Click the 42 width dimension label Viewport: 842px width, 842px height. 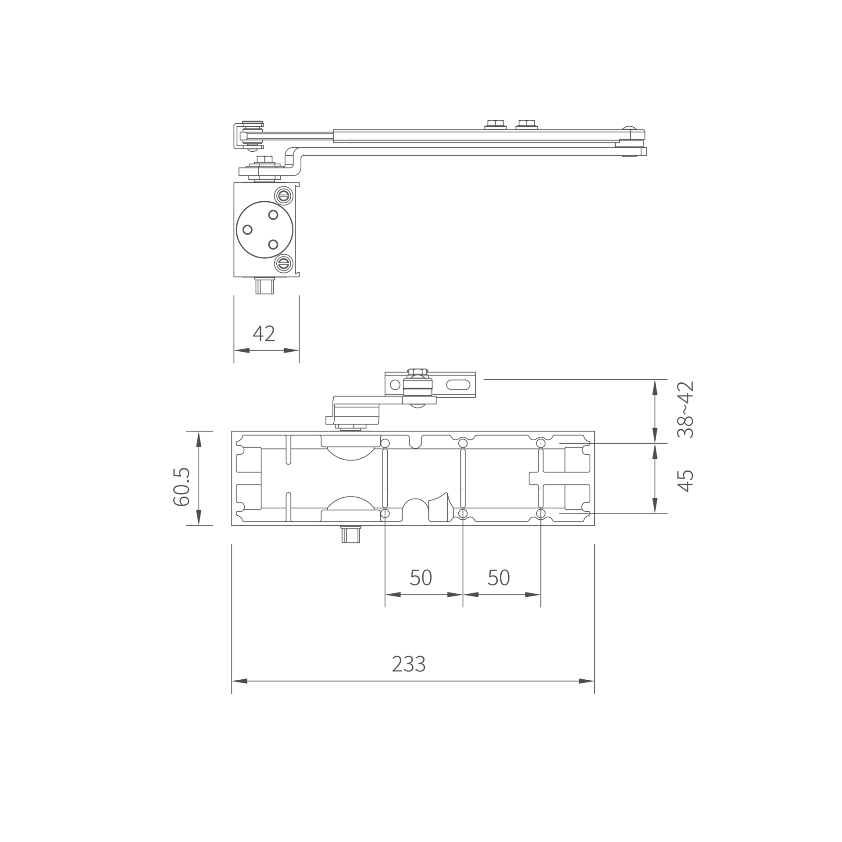point(264,333)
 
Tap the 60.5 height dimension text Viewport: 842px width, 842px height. point(181,487)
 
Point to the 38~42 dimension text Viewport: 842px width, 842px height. point(685,410)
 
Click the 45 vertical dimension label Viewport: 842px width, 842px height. point(685,481)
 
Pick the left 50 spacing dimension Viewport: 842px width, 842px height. point(421,578)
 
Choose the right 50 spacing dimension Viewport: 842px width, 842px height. point(499,578)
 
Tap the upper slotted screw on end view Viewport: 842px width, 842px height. point(284,196)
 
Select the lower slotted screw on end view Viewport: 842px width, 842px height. point(284,264)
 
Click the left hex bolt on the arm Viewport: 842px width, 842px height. point(496,124)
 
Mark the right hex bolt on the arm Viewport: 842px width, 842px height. point(527,124)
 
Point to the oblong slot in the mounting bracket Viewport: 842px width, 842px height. point(458,385)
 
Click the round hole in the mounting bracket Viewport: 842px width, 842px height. point(395,385)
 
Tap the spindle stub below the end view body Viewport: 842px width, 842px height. point(264,286)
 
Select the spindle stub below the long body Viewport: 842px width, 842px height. point(351,535)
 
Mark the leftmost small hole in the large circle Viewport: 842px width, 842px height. point(247,229)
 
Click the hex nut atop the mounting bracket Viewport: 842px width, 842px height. point(417,372)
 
